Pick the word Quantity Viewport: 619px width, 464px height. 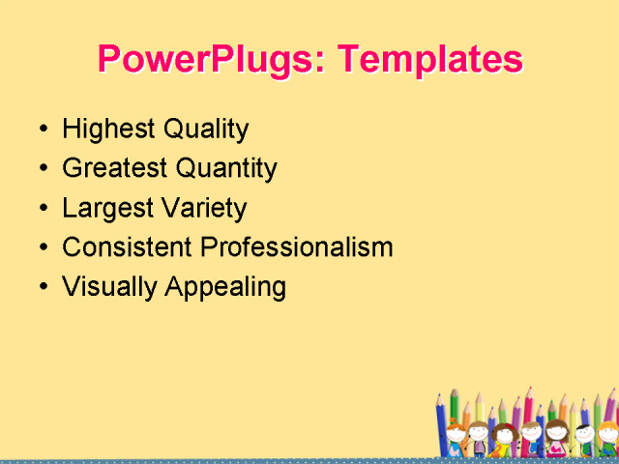click(226, 169)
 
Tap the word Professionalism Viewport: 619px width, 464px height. click(296, 247)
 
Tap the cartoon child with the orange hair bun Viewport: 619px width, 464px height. click(456, 434)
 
